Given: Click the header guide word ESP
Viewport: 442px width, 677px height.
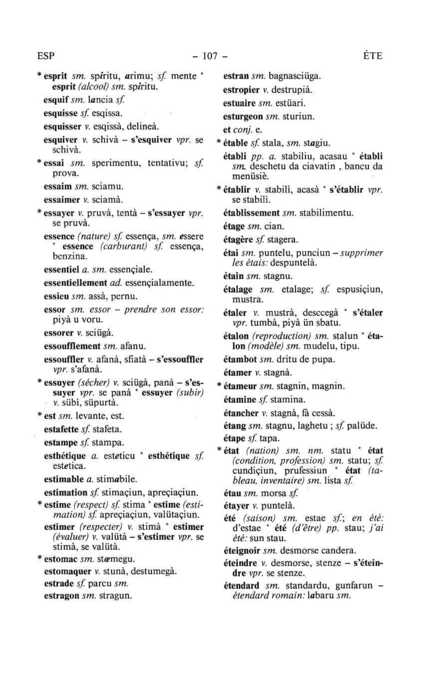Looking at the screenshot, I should (x=46, y=56).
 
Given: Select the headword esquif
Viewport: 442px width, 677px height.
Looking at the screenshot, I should (x=56, y=100).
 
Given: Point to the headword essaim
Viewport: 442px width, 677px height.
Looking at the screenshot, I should (x=58, y=187).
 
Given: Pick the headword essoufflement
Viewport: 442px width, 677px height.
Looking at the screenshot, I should (x=73, y=346).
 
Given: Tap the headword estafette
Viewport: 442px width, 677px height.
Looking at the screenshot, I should (x=61, y=430).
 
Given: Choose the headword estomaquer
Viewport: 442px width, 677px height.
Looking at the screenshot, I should (x=68, y=571).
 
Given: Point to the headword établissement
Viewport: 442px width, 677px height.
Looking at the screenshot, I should (x=252, y=213).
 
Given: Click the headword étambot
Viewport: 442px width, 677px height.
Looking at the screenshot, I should (x=240, y=359).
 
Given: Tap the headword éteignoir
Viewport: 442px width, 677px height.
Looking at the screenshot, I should (x=243, y=551).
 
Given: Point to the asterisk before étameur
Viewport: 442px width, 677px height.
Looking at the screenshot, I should (x=219, y=386).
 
